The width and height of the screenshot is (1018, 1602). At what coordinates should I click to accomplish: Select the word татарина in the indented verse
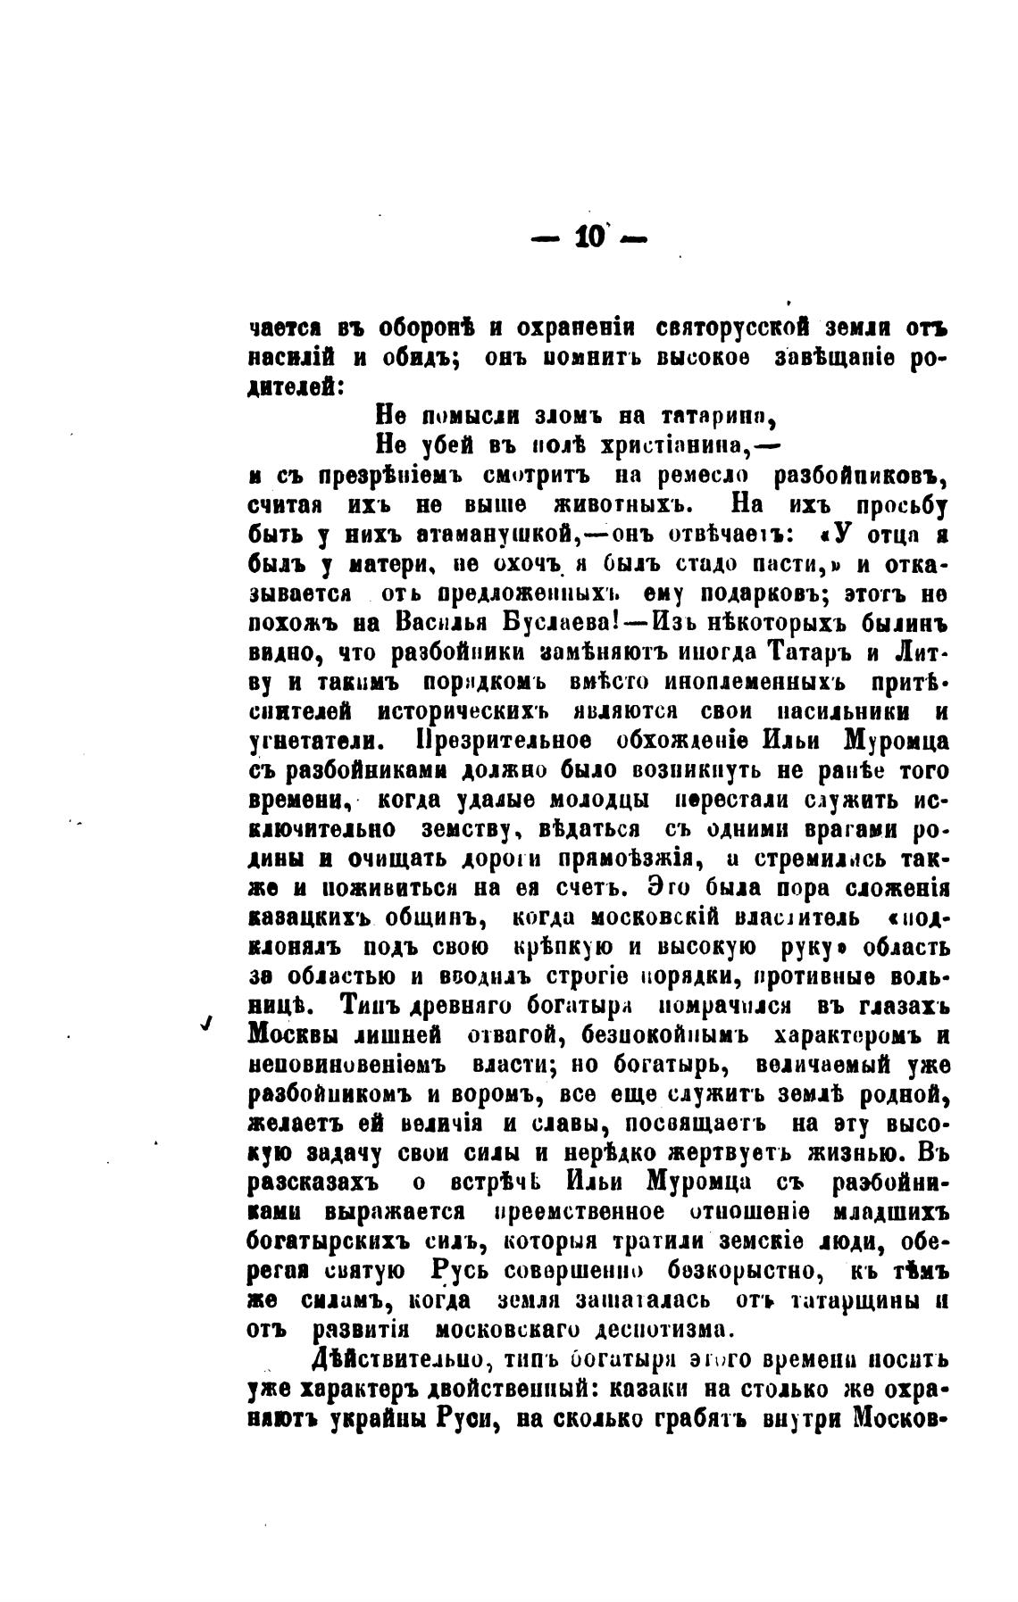[x=716, y=416]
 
